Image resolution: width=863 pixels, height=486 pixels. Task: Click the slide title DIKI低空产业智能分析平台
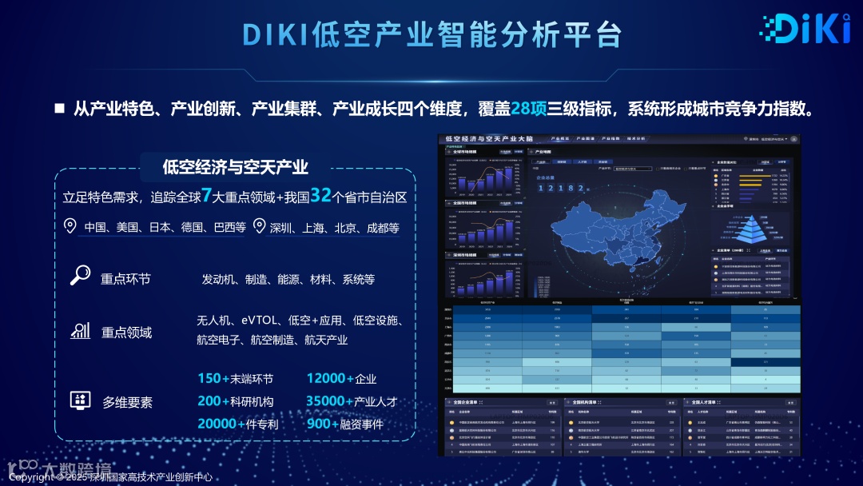tap(432, 34)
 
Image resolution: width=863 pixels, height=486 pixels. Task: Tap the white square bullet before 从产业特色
tap(59, 109)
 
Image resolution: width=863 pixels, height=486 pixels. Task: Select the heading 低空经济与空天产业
tap(235, 167)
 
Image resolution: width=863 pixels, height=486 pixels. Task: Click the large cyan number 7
tap(206, 196)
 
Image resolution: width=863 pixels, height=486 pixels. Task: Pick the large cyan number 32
tap(320, 196)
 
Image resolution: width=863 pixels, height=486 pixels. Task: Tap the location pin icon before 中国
tap(70, 226)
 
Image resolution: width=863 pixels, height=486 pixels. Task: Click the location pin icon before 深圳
tap(258, 226)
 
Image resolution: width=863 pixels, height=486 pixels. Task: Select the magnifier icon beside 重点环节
tap(80, 276)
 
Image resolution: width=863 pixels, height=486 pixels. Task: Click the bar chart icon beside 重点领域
tap(80, 330)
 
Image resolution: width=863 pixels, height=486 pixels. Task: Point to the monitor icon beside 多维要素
tap(80, 400)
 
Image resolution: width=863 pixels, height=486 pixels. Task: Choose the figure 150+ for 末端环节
tap(213, 379)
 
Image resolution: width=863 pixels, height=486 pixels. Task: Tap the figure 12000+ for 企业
tap(330, 379)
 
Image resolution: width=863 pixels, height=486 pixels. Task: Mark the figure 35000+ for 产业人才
tap(329, 401)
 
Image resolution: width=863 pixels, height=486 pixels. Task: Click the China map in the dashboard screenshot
tap(615, 224)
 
